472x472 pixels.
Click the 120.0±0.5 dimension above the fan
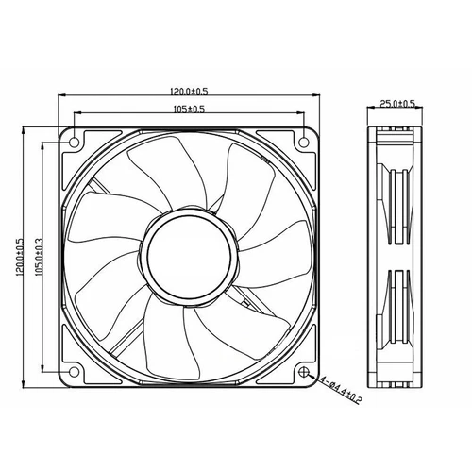coord(188,91)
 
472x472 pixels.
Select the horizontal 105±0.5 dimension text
coord(188,110)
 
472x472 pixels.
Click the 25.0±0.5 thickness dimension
coord(397,104)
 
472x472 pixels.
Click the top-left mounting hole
coord(72,141)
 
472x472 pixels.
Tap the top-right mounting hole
coord(303,141)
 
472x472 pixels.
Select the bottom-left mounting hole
coord(72,371)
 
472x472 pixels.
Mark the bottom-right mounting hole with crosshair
coord(303,371)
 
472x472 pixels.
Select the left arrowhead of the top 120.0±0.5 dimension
coord(62,96)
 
